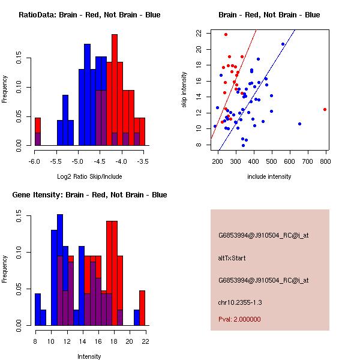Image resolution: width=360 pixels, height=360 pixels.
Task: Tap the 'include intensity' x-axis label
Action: point(269,176)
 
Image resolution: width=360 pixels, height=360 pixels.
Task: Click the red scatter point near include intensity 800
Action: point(325,109)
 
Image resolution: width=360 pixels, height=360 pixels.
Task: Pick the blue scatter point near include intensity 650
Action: point(299,124)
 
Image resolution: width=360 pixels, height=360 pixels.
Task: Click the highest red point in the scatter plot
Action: point(226,34)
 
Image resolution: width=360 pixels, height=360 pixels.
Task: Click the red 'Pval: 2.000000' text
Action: point(239,319)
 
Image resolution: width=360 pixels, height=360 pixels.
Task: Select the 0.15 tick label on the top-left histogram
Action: point(19,59)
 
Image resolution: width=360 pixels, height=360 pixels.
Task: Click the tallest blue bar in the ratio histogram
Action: point(87,90)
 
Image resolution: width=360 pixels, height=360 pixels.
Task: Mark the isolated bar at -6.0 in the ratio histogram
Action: point(38,132)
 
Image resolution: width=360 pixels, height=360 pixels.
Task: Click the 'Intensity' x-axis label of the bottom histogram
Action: point(89,356)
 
